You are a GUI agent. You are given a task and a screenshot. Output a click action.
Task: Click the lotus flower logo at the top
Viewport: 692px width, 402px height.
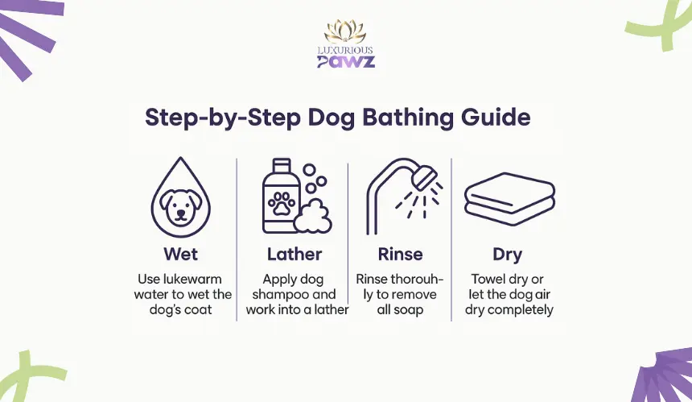tap(345, 31)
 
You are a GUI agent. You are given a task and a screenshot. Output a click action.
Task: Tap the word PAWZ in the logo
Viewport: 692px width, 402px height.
tap(346, 61)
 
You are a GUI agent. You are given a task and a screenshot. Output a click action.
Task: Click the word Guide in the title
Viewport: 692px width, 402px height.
tap(496, 118)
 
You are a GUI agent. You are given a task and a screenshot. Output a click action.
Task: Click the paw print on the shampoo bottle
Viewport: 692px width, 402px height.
tap(281, 204)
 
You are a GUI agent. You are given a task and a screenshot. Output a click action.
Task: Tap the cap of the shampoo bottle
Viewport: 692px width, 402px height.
tap(282, 166)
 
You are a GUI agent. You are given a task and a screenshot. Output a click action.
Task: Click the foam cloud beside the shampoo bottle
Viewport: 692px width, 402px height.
tap(313, 217)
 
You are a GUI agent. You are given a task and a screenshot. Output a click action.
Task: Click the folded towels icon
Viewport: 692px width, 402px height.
tap(509, 199)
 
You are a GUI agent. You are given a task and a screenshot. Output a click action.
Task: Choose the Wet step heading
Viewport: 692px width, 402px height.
tap(180, 254)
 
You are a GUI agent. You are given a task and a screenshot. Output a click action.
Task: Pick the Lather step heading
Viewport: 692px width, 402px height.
tap(295, 254)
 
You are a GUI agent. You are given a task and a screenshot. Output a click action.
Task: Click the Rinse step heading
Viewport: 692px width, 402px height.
tap(400, 254)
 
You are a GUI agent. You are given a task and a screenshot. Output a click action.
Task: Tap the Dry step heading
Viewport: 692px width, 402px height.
tap(508, 255)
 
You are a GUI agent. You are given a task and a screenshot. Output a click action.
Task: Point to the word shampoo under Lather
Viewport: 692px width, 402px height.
tap(275, 295)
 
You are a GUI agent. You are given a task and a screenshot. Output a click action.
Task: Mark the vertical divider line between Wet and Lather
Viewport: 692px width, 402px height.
tap(237, 239)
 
